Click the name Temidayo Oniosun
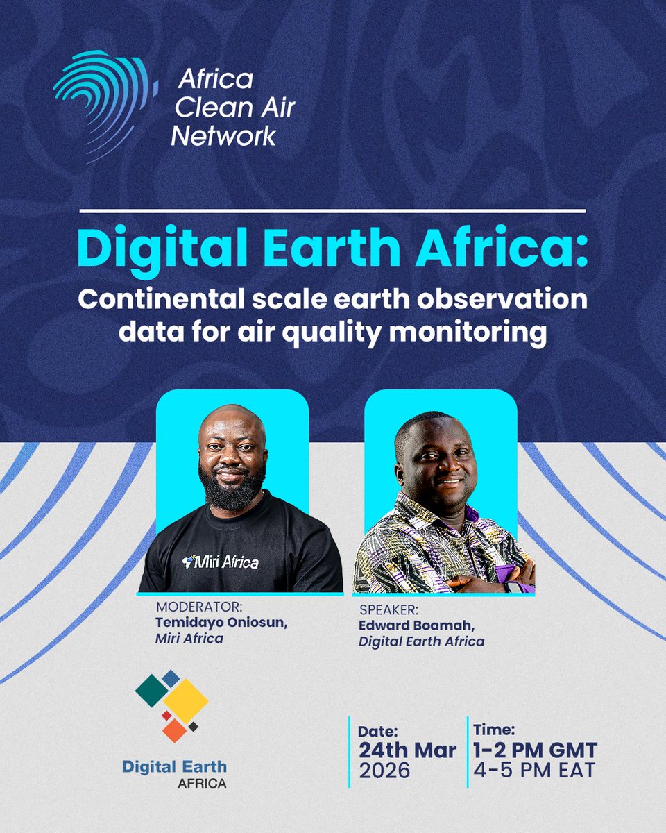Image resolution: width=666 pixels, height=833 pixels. (221, 622)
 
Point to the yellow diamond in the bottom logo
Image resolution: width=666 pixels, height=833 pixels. (185, 700)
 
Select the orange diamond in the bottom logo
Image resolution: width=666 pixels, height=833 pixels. (174, 730)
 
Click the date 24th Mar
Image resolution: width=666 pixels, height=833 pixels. (407, 750)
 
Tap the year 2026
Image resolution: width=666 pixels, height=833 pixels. (385, 771)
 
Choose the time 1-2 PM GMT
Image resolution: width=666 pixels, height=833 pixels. (534, 750)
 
